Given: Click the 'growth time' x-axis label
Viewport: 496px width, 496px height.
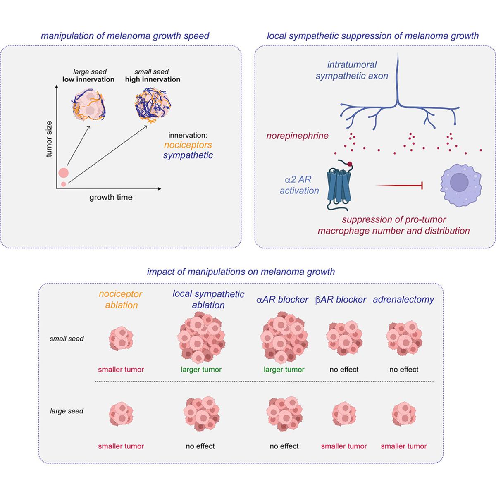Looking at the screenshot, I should click(x=111, y=198).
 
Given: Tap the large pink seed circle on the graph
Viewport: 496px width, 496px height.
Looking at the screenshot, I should click(x=63, y=172).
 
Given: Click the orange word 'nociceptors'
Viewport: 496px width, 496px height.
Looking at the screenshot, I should click(x=188, y=145).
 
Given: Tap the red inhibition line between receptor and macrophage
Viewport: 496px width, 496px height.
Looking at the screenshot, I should click(x=399, y=186).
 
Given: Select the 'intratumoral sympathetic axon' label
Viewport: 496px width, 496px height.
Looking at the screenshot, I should click(x=352, y=70).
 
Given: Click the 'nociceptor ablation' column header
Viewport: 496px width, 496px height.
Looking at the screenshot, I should click(x=121, y=300).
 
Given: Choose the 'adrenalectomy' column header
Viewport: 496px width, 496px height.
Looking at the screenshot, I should click(x=403, y=300).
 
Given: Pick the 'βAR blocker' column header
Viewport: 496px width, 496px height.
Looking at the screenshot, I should click(x=341, y=300).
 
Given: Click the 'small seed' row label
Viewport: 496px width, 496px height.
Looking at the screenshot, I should click(x=67, y=339).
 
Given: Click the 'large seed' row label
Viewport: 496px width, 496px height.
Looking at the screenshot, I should click(x=67, y=411).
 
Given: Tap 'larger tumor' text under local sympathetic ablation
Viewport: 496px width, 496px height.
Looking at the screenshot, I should click(x=201, y=370).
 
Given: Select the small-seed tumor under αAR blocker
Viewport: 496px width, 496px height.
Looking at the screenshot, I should click(x=284, y=337).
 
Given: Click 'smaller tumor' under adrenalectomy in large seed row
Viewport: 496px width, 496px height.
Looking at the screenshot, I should click(x=403, y=446).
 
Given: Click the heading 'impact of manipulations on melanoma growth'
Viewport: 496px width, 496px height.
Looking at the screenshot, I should click(x=241, y=272).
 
